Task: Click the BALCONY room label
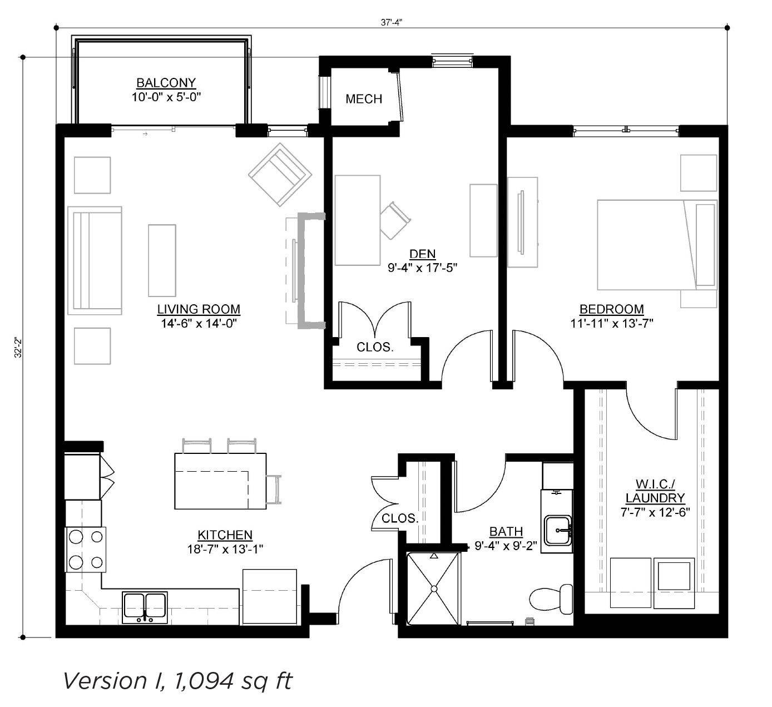(x=166, y=83)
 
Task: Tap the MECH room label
(x=364, y=99)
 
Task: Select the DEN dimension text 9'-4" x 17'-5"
(x=423, y=268)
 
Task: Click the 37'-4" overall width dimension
(x=392, y=22)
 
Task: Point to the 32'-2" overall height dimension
(x=18, y=348)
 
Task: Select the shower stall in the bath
(x=433, y=589)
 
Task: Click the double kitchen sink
(x=145, y=607)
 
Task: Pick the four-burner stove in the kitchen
(x=86, y=550)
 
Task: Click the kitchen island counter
(x=220, y=481)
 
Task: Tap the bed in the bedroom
(x=657, y=245)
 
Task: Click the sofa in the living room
(x=95, y=260)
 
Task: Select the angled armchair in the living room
(x=280, y=174)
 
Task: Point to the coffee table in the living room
(x=162, y=260)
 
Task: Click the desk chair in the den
(x=395, y=220)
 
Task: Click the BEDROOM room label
(x=611, y=309)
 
